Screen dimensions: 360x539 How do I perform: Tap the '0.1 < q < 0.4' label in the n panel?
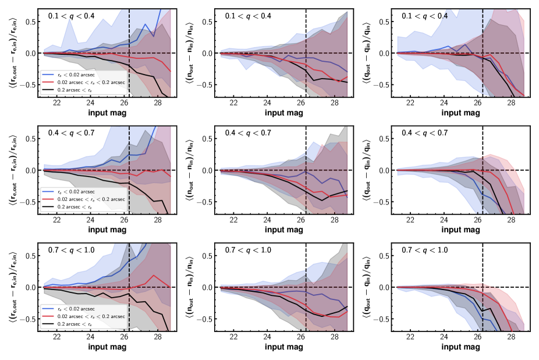point(248,16)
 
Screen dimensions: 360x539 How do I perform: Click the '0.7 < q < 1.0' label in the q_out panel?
point(425,250)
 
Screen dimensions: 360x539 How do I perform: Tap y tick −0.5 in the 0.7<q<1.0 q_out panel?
point(384,319)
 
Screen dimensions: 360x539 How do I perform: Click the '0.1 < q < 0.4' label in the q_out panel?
point(425,16)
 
